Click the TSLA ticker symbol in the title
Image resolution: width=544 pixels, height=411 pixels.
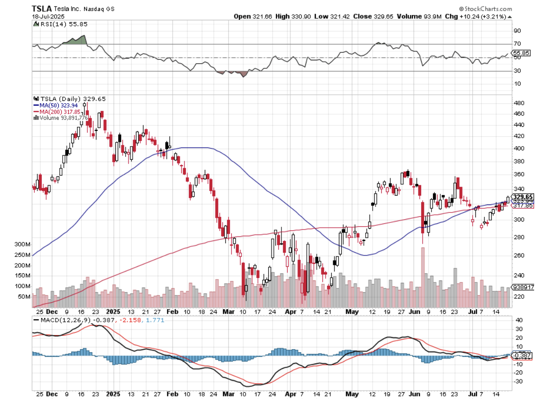tap(40, 9)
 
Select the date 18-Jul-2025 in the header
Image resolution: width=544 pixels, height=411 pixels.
tap(48, 16)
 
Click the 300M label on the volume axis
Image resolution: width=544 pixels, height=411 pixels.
tap(22, 245)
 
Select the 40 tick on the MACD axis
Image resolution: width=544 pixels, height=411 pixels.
tap(518, 320)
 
